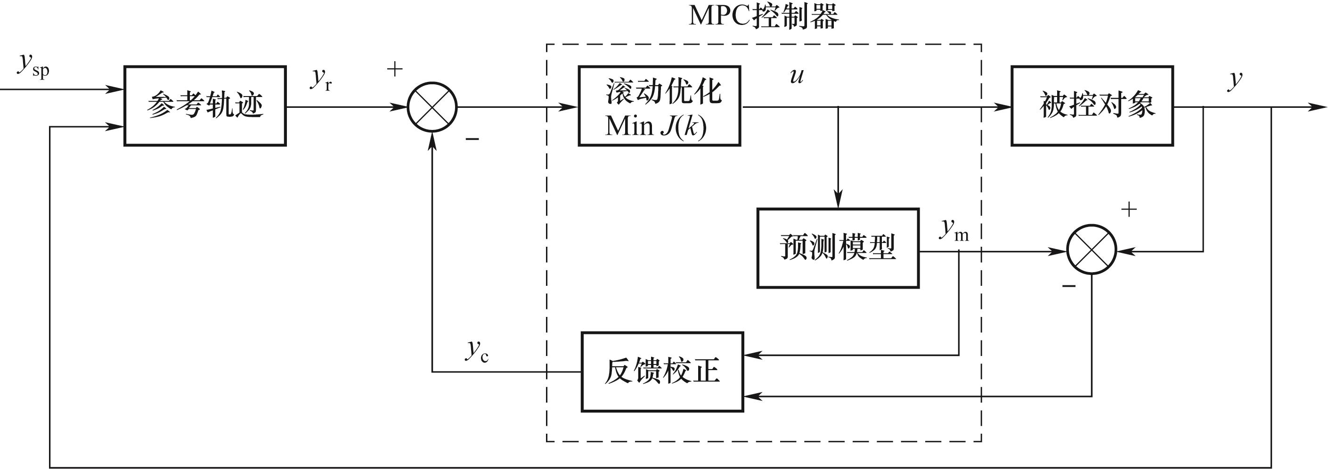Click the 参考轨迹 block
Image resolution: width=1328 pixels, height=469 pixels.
point(204,105)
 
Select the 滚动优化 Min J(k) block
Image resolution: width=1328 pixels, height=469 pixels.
point(660,105)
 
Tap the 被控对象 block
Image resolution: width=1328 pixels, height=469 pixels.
point(1092,105)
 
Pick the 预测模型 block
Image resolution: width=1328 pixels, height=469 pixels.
point(838,248)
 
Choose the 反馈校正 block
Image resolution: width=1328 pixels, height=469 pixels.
point(662,372)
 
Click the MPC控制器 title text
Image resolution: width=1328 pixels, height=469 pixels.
point(763,16)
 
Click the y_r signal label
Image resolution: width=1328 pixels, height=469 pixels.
point(321,79)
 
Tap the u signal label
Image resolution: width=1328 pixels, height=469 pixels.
point(797,76)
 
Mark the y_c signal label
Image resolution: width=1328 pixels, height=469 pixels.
point(477,350)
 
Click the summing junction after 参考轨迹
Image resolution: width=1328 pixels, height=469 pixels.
point(432,107)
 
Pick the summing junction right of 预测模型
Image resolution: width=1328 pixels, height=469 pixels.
point(1092,250)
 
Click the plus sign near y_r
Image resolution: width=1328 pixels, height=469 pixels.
point(394,69)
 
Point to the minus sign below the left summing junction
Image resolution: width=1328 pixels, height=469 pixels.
point(472,138)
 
